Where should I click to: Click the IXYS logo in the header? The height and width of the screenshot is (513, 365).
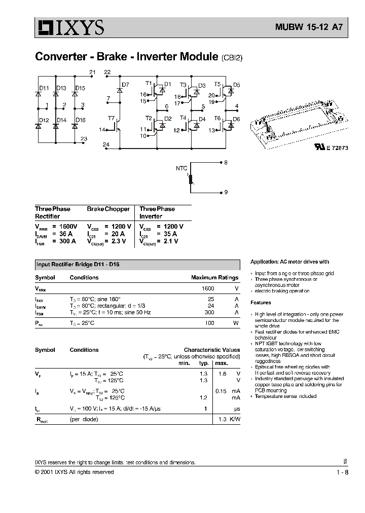click(69, 27)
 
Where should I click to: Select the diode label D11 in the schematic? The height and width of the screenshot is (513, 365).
click(44, 88)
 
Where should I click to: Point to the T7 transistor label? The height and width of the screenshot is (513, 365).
click(111, 118)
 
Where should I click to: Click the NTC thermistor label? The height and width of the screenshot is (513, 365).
click(181, 168)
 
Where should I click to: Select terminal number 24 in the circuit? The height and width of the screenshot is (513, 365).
click(106, 144)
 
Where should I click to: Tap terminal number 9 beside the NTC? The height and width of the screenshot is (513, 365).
click(226, 193)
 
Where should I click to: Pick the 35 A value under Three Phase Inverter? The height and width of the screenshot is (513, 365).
click(169, 234)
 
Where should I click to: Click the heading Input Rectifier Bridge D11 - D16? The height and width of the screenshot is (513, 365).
click(78, 265)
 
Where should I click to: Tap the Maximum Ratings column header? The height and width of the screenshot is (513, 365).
click(214, 278)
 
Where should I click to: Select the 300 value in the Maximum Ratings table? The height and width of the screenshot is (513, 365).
click(209, 312)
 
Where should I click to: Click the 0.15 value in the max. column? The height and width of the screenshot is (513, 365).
click(221, 391)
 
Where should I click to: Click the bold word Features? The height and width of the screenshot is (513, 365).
click(261, 303)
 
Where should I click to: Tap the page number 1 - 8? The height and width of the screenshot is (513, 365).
click(342, 472)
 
